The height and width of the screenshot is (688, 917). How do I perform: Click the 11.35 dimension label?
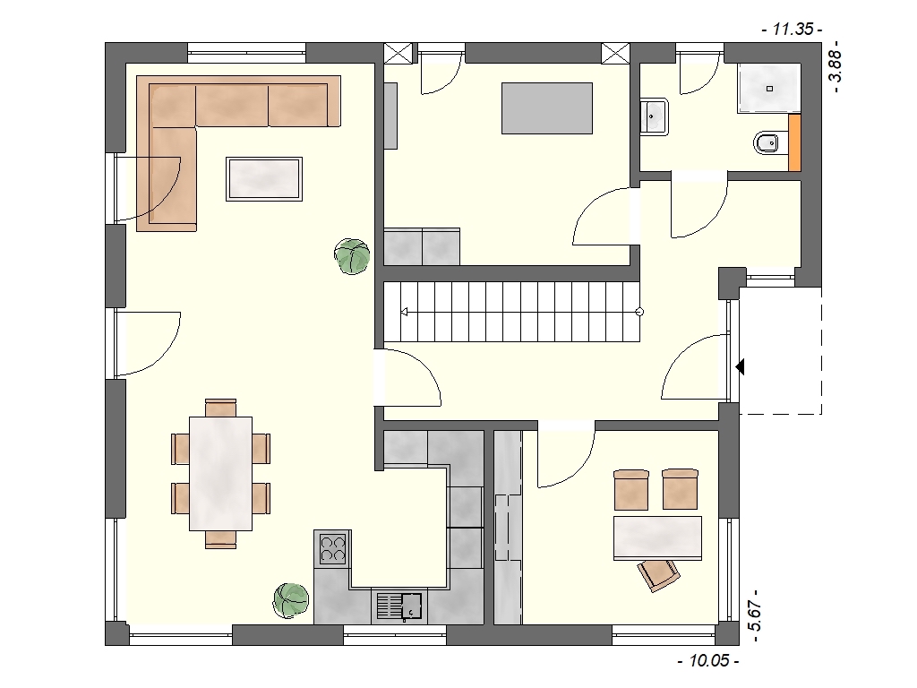click(793, 29)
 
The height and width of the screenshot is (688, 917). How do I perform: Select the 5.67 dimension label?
click(755, 616)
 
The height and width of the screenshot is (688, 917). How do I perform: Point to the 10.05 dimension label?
click(708, 661)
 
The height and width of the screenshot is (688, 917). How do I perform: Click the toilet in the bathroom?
click(767, 142)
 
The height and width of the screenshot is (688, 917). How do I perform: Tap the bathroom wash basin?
click(654, 117)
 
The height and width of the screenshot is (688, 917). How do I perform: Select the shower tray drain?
click(769, 89)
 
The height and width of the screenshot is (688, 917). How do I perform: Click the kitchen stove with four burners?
click(332, 549)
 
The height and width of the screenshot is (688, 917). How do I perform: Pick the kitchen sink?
click(399, 606)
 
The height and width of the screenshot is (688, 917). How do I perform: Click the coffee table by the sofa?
click(264, 179)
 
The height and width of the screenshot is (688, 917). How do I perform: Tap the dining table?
click(220, 473)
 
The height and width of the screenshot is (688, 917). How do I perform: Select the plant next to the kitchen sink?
click(291, 600)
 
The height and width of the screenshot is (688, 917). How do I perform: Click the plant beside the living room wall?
click(352, 256)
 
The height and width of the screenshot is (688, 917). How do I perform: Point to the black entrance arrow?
click(740, 367)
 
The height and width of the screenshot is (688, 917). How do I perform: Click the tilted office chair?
click(658, 575)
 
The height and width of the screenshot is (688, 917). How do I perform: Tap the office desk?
click(658, 538)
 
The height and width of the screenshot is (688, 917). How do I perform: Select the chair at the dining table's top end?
click(220, 408)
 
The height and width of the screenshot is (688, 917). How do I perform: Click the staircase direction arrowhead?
click(404, 313)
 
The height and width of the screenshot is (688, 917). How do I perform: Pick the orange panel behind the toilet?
click(795, 143)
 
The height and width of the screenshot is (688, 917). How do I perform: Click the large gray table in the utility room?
click(547, 108)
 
